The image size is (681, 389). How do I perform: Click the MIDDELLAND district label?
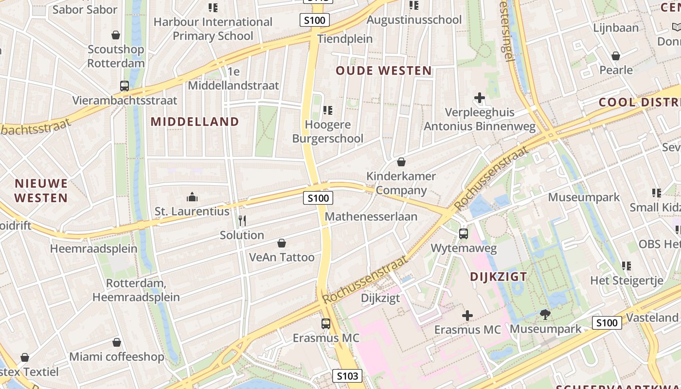coord(195,122)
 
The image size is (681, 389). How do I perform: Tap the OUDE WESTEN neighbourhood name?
coord(384,71)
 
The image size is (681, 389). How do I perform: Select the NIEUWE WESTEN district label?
coord(41,191)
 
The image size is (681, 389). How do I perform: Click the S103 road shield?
coord(348,376)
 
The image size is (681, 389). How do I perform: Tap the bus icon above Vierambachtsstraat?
coord(125,86)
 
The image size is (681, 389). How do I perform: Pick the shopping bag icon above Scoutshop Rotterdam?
coord(116,35)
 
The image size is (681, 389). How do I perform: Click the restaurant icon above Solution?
coord(242,221)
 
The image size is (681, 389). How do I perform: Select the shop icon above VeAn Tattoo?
coord(281,243)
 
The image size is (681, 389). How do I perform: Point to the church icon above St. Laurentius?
coord(192,197)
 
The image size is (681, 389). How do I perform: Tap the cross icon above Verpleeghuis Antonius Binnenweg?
coord(480,98)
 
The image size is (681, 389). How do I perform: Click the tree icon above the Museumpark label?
coord(545,315)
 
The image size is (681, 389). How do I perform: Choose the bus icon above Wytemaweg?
coord(464,234)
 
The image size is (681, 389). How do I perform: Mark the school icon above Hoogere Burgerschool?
coord(328,110)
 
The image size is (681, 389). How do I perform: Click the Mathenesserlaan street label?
coord(371,216)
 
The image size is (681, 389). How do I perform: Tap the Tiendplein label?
coord(345,39)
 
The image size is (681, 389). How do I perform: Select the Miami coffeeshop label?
coord(117,357)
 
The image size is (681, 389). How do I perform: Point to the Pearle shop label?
coord(616,70)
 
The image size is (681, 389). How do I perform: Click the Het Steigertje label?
coord(627,281)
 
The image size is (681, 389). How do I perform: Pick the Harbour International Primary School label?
coord(213,29)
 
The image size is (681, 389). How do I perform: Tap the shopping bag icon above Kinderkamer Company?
coord(401,161)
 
